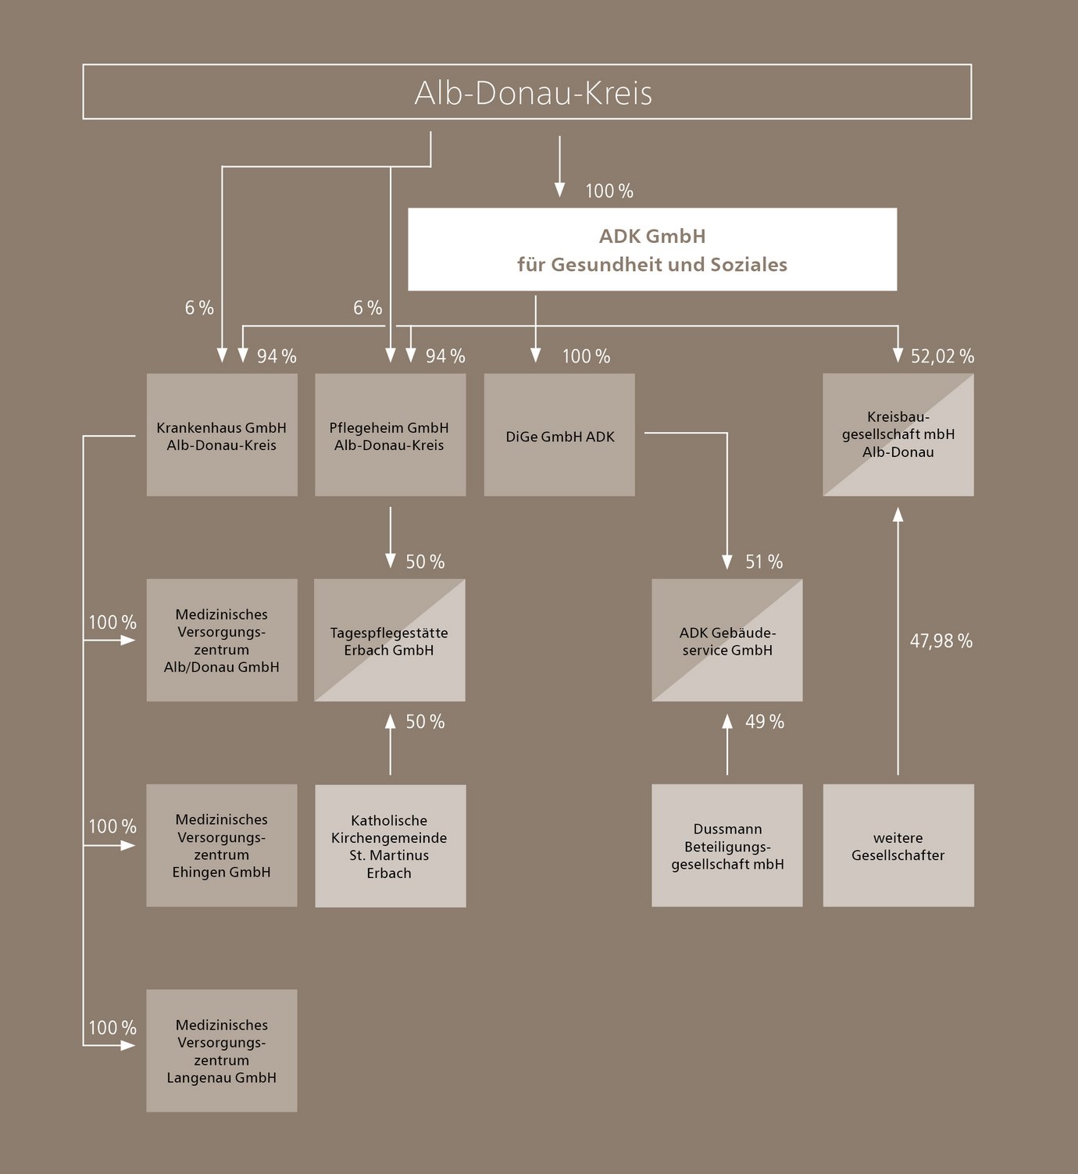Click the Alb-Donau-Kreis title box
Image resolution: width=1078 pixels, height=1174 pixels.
coord(527,92)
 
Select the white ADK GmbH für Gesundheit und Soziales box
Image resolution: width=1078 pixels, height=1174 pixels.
coord(652,249)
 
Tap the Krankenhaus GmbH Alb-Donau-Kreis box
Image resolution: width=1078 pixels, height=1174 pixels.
coord(222,435)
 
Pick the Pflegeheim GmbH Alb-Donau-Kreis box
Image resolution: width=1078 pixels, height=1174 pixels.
coord(391,435)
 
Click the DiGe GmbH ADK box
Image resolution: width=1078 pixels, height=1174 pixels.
coord(559,435)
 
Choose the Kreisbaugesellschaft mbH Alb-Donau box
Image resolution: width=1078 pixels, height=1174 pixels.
coord(898,435)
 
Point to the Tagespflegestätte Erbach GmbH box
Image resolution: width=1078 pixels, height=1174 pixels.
coord(390,641)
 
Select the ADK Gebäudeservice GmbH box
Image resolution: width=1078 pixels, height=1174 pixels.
coord(727,641)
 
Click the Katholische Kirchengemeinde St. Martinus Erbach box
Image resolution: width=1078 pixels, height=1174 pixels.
coord(391,846)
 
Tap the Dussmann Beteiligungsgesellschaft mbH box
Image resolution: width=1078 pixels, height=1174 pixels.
coord(727,846)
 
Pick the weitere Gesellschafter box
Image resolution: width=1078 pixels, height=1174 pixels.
coord(898,846)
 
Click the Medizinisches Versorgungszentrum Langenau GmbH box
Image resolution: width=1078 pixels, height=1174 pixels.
coord(222,1051)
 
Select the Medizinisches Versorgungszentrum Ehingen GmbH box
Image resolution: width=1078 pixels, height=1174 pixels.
coord(222,846)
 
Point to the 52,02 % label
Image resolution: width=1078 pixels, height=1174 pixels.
coord(942,356)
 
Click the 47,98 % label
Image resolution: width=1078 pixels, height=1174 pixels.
coord(941,641)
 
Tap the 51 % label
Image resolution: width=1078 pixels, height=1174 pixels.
coord(763,562)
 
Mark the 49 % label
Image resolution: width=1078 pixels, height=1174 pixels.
coord(764,722)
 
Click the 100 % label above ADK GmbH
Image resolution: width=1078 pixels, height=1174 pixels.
coord(609,191)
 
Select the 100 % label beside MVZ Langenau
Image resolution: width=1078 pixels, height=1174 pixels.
coord(112,1028)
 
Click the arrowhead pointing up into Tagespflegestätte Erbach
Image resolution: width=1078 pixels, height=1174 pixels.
coord(391,721)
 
